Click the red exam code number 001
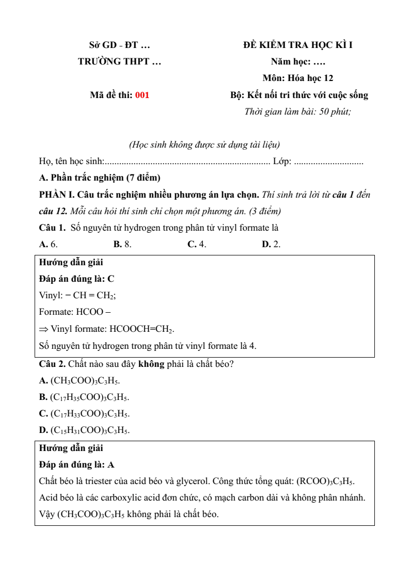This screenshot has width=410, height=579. point(142,95)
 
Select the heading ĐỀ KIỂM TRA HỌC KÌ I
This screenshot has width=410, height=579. point(298,45)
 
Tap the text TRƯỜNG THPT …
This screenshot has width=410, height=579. point(119,61)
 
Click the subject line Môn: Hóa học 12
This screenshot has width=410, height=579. point(298,78)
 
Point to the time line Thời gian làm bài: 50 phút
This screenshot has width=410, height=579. point(298,111)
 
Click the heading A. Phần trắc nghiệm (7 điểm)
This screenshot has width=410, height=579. point(100,178)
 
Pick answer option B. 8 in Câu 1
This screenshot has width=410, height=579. point(122,244)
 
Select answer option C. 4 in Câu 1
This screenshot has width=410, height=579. point(197,244)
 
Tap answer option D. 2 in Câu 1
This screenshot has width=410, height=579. point(271,244)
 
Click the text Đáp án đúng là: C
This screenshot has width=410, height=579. point(76,279)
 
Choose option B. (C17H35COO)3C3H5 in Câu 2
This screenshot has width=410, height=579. point(84,397)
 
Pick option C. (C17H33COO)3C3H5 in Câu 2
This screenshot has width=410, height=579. point(84,414)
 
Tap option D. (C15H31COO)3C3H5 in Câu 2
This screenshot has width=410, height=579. point(84,430)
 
